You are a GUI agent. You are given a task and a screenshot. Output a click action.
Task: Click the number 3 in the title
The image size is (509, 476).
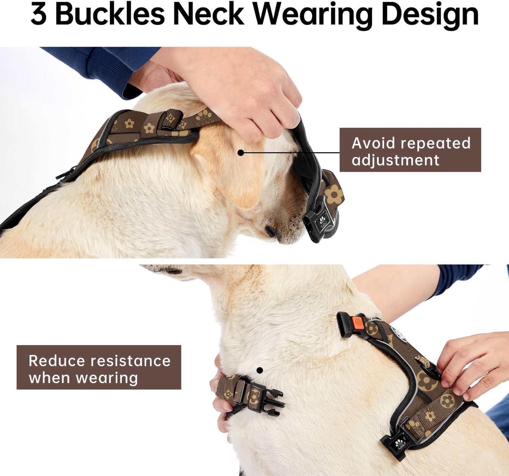[x=39, y=14]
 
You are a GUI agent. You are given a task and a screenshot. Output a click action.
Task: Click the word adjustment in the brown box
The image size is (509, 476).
[x=395, y=160]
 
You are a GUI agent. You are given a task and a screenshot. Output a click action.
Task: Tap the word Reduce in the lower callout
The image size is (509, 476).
[x=56, y=361]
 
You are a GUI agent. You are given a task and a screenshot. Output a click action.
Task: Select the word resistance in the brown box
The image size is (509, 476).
[x=130, y=361]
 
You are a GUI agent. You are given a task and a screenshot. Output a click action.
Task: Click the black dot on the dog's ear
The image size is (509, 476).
[x=241, y=153]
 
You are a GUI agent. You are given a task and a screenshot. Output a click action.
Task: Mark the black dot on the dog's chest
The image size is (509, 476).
[x=260, y=370]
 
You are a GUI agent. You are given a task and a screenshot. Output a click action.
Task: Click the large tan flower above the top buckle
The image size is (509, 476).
[x=333, y=195]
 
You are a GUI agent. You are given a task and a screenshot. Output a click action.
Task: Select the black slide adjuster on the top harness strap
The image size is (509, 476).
[x=169, y=120]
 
